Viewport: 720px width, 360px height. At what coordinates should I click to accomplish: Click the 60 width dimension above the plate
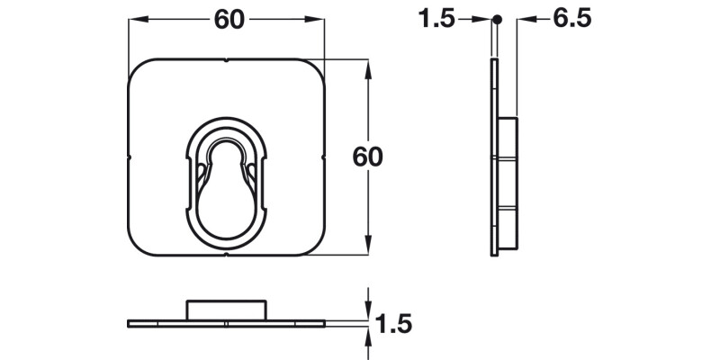229,20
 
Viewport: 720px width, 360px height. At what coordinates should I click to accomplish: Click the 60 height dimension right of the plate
367,157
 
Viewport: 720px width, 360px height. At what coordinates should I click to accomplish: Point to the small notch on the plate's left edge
130,157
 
